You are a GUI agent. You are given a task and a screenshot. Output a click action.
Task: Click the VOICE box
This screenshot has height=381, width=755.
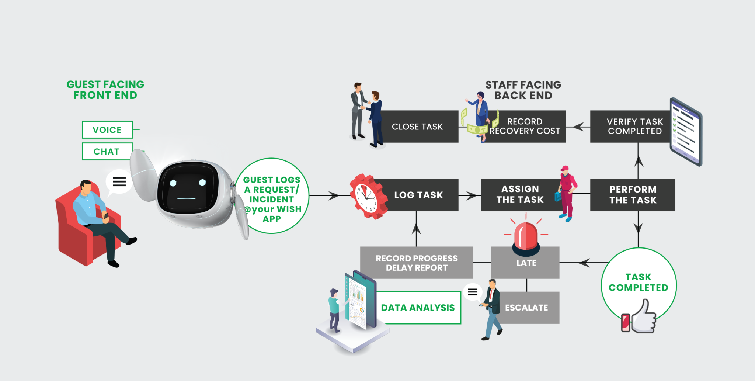tap(107, 130)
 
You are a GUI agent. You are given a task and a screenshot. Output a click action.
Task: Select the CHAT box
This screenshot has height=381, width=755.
tap(107, 152)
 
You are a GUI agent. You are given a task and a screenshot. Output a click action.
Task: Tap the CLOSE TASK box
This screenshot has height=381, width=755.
tap(418, 127)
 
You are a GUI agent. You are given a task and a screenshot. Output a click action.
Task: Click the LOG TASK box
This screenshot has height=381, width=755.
tap(419, 195)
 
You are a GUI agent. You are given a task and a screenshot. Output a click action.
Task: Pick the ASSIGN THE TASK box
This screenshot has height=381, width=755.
tap(520, 195)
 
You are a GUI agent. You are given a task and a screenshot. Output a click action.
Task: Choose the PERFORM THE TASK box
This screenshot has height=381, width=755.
tap(633, 195)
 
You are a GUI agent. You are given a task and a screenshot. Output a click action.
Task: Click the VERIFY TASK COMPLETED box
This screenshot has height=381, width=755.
tap(634, 127)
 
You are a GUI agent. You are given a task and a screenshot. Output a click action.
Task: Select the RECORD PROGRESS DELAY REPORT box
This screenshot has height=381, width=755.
tap(417, 263)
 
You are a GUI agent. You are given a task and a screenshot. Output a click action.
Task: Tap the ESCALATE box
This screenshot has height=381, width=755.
tap(526, 308)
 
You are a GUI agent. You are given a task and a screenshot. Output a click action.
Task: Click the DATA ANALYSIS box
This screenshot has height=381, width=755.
tap(418, 308)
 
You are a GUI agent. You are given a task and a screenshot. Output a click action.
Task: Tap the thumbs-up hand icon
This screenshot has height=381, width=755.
tap(643, 317)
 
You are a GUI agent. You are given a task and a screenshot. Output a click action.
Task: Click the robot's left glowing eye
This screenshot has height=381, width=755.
tap(173, 183)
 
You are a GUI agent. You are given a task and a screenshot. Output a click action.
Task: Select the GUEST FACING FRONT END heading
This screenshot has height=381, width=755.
tap(105, 90)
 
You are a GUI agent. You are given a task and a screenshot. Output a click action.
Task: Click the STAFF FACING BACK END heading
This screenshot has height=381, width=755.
tap(523, 90)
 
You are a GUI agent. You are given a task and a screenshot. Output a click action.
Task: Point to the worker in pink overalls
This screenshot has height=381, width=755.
tap(567, 193)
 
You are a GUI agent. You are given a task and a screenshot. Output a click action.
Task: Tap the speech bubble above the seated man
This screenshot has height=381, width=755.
tap(119, 181)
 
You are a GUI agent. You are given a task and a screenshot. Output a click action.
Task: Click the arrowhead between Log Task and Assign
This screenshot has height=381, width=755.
tap(472, 195)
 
